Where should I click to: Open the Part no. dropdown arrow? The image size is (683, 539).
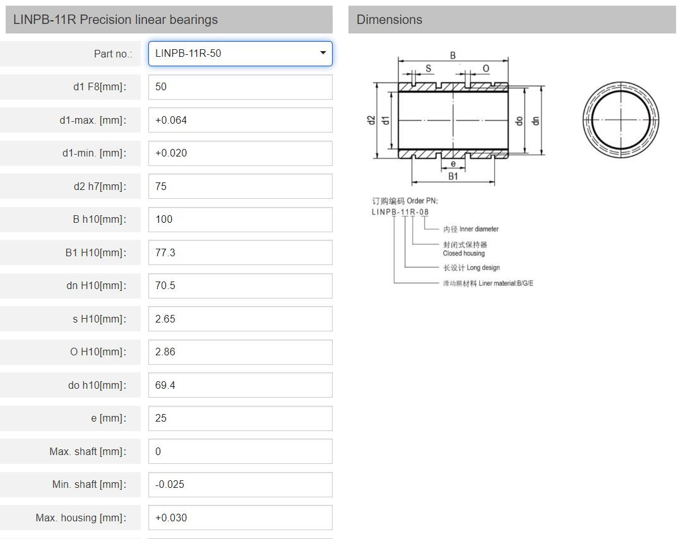click(323, 53)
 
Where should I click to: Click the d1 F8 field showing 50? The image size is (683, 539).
click(240, 86)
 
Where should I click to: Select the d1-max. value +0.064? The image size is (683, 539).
click(240, 120)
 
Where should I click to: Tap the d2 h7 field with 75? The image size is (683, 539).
click(240, 186)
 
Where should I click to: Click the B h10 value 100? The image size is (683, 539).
click(240, 219)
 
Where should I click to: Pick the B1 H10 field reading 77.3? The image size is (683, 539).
click(240, 252)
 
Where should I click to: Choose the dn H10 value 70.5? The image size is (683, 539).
click(240, 285)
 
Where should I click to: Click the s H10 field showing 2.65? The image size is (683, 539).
click(240, 319)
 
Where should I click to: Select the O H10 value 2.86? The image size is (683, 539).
click(240, 352)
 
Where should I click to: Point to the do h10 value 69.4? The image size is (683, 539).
click(240, 385)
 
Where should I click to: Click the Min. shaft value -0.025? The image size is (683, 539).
click(240, 484)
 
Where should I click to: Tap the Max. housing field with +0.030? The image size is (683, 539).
click(240, 518)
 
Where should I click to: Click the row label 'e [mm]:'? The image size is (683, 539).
click(109, 418)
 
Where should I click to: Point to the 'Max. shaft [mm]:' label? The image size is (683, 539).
click(88, 451)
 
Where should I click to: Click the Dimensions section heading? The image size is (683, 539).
click(389, 20)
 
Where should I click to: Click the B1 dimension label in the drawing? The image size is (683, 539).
click(453, 177)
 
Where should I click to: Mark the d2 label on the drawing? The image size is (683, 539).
click(372, 120)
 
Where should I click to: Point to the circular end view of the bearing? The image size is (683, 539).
click(621, 120)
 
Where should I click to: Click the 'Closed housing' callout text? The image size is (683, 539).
click(464, 253)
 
